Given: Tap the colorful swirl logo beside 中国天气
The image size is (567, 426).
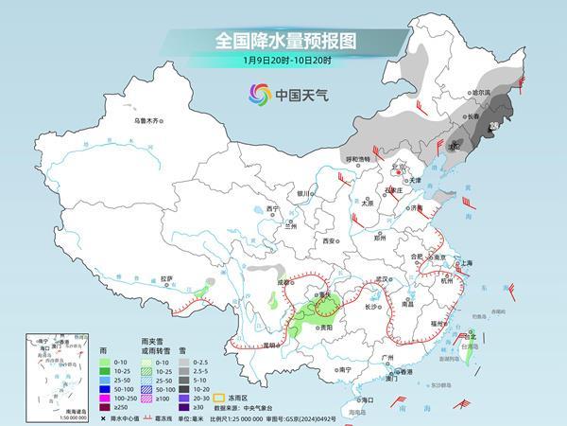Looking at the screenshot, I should (258, 94).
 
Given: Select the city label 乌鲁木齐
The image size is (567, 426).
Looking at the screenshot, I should (149, 121).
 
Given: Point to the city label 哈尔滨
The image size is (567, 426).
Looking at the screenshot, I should (483, 93).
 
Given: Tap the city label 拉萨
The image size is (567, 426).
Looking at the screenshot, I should (167, 278).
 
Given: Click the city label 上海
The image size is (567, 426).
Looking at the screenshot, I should (465, 262).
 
